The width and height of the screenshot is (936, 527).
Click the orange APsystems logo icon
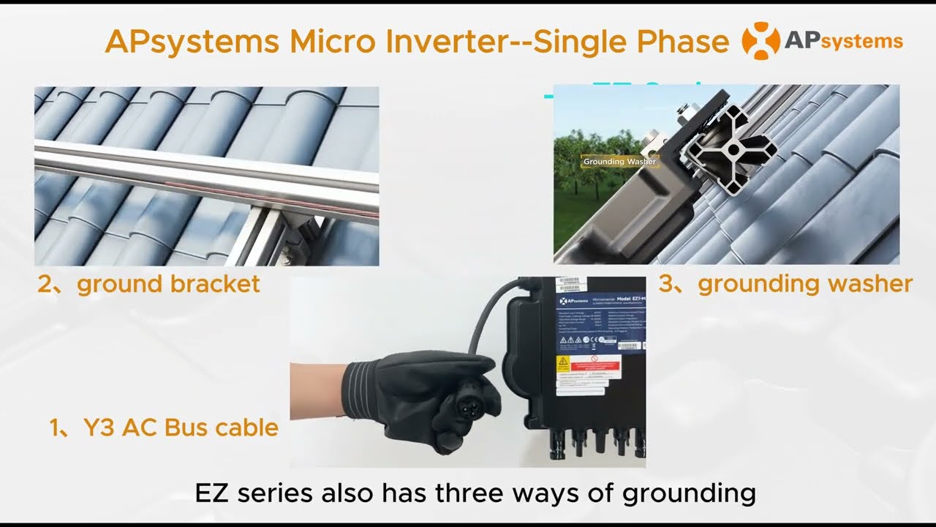click(761, 41)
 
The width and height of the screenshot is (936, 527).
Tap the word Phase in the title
click(684, 42)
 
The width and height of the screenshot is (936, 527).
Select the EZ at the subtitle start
click(212, 493)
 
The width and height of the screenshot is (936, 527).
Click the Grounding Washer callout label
click(619, 162)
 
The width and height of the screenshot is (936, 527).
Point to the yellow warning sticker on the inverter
click(563, 364)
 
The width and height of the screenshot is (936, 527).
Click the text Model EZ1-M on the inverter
click(616, 301)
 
